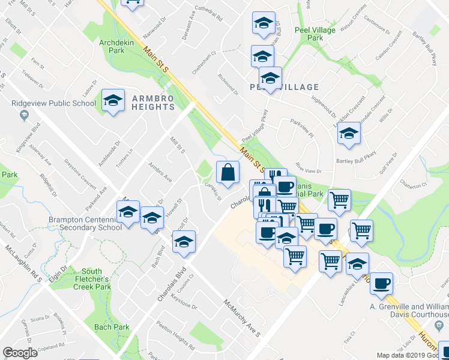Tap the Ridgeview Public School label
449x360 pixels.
click(54, 103)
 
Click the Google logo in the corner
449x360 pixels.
click(20, 353)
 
